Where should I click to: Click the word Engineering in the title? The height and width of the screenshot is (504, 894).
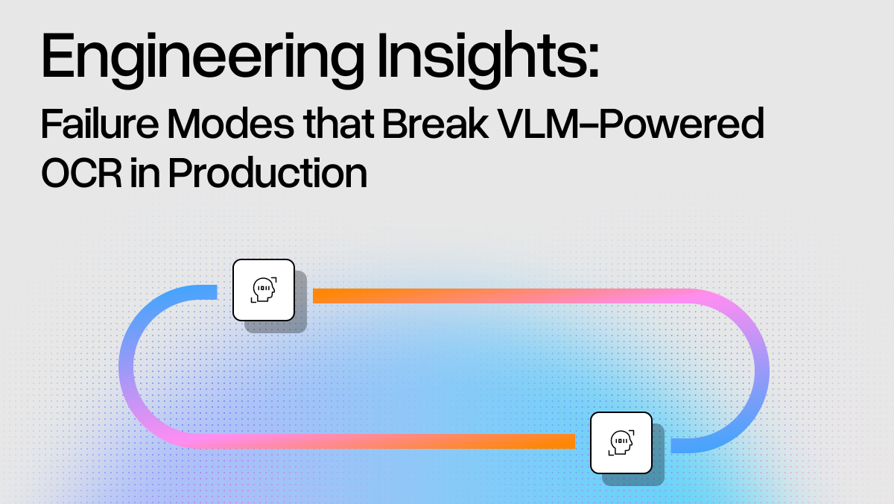coord(203,59)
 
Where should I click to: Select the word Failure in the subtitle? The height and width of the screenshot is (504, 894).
coord(100,124)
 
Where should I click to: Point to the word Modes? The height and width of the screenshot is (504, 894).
coord(230,124)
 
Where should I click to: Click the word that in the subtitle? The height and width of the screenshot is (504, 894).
coord(338,124)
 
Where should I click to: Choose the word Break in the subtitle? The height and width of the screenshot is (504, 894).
coord(435,124)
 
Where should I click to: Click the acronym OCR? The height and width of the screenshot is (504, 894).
coord(81,173)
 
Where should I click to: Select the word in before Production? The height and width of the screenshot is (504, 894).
coord(145,173)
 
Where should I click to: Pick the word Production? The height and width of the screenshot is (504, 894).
coord(267,172)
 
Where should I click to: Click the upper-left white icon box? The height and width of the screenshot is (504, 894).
coord(264,290)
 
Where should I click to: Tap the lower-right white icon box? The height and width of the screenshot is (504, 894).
coord(621,443)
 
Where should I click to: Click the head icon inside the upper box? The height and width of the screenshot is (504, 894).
coord(264,289)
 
